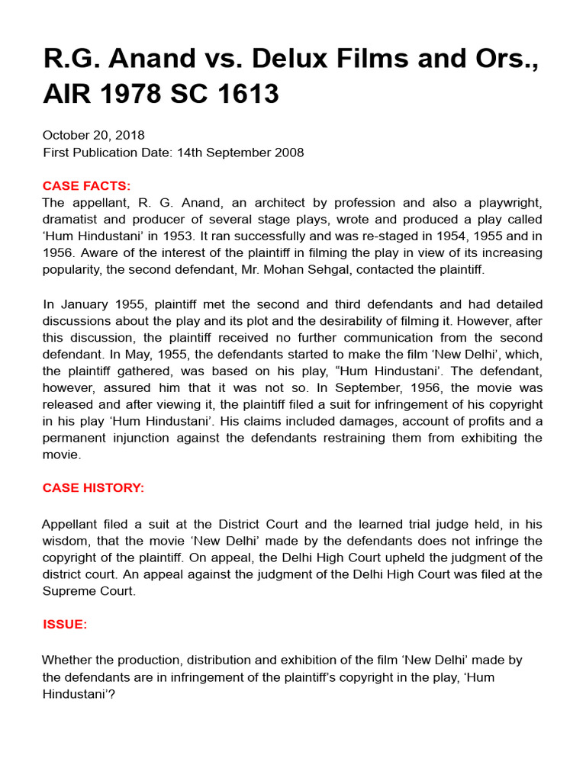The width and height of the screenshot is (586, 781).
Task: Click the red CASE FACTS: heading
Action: [x=86, y=186]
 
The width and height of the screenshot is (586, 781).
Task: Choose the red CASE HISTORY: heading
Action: [x=93, y=488]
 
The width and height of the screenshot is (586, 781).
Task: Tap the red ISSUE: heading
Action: [x=65, y=625]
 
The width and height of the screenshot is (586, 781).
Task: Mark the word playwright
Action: [x=507, y=203]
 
